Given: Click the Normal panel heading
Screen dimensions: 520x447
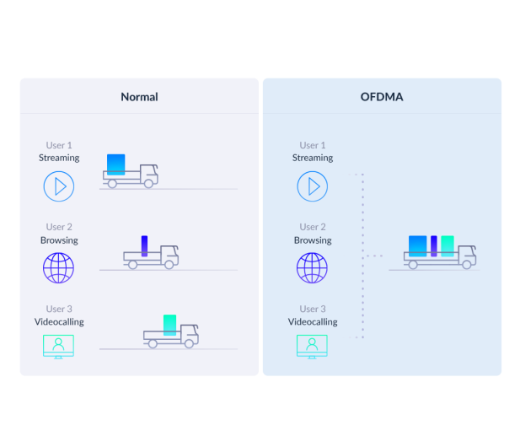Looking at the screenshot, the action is click(x=139, y=97).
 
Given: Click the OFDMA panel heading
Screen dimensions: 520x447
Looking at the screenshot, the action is click(x=382, y=97).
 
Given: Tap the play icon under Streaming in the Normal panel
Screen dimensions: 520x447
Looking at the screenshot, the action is click(x=59, y=186).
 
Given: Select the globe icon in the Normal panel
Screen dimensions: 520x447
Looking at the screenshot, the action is click(x=58, y=268).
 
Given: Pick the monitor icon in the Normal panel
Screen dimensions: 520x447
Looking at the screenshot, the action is click(x=58, y=346).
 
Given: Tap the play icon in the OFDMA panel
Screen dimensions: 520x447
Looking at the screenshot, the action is click(x=313, y=186).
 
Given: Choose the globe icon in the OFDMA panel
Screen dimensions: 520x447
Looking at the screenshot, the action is click(x=312, y=268).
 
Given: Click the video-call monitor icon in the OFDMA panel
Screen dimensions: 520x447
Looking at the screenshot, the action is click(x=312, y=346).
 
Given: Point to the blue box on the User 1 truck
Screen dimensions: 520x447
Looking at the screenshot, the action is click(x=116, y=164).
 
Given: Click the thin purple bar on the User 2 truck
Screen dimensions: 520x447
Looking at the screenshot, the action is click(x=144, y=246).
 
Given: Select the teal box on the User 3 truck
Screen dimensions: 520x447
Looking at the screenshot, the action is click(x=169, y=325).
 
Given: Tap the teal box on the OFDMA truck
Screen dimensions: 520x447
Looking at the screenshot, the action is click(x=448, y=246).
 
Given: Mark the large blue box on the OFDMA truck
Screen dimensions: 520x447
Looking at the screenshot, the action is click(x=417, y=246).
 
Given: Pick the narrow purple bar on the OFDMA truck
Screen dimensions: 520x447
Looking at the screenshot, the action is click(x=434, y=246).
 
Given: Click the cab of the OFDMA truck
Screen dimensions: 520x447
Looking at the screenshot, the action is click(x=467, y=256).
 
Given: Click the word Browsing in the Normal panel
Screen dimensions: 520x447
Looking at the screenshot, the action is click(x=59, y=240).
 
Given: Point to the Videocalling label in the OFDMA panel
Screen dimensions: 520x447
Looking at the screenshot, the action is click(x=313, y=322).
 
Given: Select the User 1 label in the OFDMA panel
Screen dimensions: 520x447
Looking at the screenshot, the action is click(x=313, y=145).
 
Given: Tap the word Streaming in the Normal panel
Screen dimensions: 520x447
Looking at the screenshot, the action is click(x=59, y=158).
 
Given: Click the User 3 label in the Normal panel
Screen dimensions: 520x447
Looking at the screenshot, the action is click(x=59, y=309).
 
